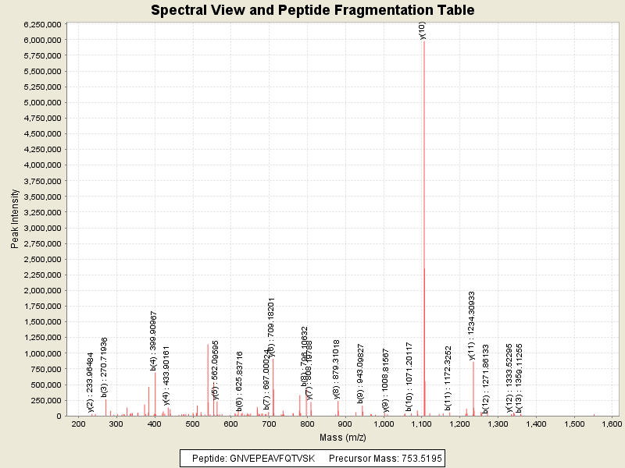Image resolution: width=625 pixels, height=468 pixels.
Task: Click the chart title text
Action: pos(312,10)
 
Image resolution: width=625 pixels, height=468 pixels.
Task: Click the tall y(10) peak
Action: pos(423,234)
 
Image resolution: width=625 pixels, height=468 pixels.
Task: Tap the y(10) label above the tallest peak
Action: pos(423,30)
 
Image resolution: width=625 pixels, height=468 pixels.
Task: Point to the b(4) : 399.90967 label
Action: pos(154,341)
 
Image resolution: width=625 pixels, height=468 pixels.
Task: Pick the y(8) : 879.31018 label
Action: pos(337,369)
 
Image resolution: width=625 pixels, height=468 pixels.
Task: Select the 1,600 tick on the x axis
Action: pos(610,424)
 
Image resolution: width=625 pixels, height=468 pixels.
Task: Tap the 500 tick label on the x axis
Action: pos(192,424)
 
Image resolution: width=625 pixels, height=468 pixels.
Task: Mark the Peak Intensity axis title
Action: pos(15,219)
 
